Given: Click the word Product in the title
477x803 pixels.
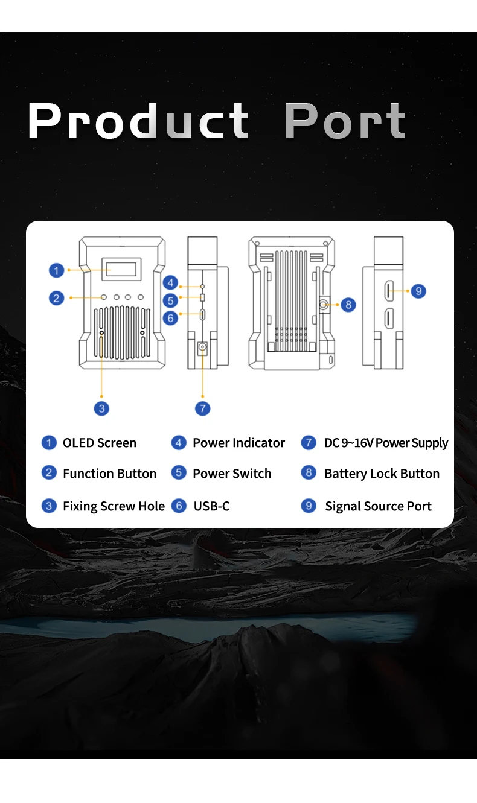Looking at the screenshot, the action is click(x=138, y=121).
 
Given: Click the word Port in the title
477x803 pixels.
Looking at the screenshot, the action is click(x=345, y=121).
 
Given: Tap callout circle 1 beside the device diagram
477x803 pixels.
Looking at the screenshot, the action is click(x=56, y=270).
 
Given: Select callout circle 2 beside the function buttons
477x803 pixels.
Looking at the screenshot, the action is click(x=56, y=297).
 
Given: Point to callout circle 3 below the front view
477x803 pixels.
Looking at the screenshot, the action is click(x=101, y=408).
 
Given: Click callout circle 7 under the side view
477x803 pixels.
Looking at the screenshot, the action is click(x=203, y=408).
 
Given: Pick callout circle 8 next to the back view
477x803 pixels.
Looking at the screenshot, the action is click(x=348, y=305).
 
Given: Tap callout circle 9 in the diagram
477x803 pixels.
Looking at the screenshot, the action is click(x=418, y=291).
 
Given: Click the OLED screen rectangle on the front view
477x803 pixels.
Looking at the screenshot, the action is click(x=121, y=268).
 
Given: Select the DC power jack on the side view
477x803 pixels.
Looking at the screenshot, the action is click(x=203, y=348).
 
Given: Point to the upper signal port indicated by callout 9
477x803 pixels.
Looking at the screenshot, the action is click(x=389, y=291).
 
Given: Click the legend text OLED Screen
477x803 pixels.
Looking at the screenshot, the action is click(x=100, y=443).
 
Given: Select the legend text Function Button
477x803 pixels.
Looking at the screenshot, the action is click(x=109, y=474).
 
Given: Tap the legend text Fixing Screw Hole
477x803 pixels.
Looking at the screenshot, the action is click(x=114, y=506).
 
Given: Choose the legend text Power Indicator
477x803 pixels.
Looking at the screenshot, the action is click(x=238, y=443).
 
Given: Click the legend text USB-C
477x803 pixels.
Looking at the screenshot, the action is click(x=211, y=506).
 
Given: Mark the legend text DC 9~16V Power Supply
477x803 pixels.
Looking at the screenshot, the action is click(x=386, y=443).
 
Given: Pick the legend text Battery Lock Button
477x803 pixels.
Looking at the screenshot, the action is click(x=382, y=474).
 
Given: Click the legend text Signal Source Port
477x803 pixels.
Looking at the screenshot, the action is click(x=378, y=506).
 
